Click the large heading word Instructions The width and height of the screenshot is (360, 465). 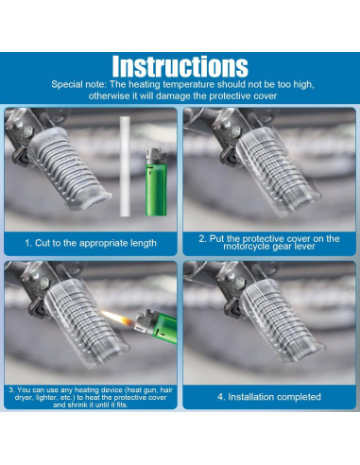[x=180, y=66]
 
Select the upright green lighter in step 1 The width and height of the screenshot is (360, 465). [x=156, y=181]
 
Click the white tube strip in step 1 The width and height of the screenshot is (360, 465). [x=125, y=166]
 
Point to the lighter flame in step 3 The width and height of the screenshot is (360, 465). [x=117, y=319]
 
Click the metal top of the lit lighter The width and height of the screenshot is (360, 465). [x=144, y=322]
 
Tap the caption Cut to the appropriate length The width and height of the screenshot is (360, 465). [x=91, y=243]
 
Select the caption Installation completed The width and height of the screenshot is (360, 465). [x=269, y=397]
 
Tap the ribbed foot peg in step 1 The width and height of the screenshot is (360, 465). [x=67, y=166]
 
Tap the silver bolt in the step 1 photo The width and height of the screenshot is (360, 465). [x=28, y=129]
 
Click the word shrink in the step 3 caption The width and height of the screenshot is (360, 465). [x=75, y=405]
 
